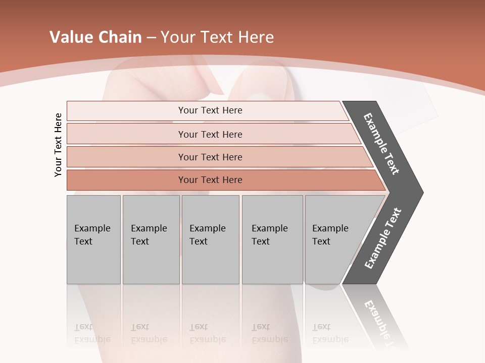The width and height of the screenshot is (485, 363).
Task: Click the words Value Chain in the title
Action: pos(95,37)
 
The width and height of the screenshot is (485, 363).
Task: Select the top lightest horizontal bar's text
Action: pos(210,110)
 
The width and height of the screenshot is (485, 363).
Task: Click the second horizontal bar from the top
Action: pos(210,134)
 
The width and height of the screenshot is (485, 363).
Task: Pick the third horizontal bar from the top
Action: pos(210,157)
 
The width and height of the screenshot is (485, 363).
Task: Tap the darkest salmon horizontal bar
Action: pos(210,180)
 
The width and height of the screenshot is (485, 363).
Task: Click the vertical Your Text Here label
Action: pos(59,145)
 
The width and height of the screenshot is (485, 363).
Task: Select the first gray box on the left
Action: pos(93,239)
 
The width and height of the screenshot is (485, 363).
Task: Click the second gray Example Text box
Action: pos(151,239)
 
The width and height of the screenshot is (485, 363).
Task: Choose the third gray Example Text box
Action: pos(210,239)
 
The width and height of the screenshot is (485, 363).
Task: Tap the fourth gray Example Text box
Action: pos(272,239)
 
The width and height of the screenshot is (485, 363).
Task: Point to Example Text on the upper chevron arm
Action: pos(381,144)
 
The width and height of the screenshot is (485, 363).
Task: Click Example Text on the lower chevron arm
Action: pos(383,238)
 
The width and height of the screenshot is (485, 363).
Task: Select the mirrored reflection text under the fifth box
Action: pos(330,333)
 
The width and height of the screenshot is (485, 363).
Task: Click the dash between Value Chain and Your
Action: pos(151,38)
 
